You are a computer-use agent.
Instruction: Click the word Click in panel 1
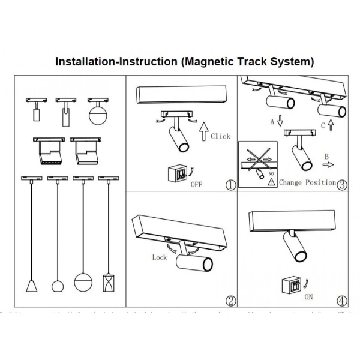click(220, 136)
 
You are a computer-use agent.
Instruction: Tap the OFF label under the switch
click(196, 184)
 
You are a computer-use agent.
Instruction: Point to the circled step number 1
click(230, 184)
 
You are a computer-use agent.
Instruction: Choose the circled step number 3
click(342, 184)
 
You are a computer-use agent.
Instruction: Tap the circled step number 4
click(342, 301)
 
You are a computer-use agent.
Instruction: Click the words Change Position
click(307, 182)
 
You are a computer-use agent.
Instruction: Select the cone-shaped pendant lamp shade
click(31, 286)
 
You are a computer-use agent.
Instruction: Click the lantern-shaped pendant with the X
click(108, 282)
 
